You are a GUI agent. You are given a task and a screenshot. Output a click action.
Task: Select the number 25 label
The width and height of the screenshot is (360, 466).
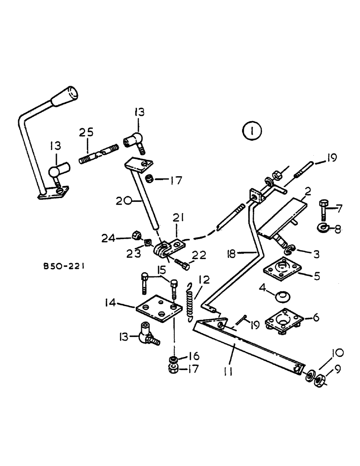point(85,133)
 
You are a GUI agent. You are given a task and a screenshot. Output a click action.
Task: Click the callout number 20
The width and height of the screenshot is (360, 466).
point(122,201)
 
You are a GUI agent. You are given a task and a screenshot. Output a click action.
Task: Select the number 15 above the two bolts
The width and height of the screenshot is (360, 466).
point(162,270)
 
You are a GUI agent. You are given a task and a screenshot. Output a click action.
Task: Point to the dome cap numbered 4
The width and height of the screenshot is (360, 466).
point(282,296)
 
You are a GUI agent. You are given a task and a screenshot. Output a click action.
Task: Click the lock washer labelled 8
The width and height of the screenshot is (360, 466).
point(323,228)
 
